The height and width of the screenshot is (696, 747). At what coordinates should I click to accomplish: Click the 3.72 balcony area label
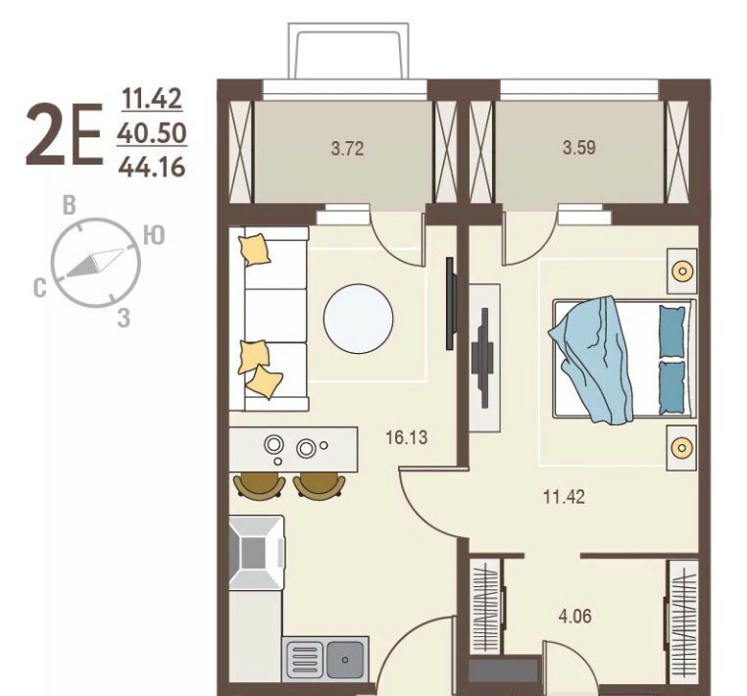coord(347,149)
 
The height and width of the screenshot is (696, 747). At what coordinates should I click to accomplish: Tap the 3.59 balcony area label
coord(579,148)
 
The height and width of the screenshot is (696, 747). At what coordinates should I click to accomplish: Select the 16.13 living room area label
coord(407,437)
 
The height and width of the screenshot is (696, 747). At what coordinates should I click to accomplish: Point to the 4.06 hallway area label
coord(575,616)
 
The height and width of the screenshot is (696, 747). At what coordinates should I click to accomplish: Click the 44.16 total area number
coord(152,168)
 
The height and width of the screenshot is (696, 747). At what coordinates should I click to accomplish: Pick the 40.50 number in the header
coord(152,133)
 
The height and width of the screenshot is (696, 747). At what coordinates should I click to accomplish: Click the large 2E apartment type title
coord(65,135)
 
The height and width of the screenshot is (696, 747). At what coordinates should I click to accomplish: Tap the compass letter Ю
coord(154,235)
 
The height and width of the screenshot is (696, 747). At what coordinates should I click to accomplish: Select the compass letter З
coord(124,318)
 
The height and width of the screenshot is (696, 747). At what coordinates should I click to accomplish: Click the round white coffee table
coord(358,319)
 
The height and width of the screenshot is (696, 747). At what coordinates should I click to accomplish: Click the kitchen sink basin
coord(345,660)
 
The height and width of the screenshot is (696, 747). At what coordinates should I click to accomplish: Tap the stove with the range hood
coord(257,553)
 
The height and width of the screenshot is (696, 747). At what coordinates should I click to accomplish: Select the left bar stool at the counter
coord(260,486)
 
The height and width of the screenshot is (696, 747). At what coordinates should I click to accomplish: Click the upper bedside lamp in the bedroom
coord(681,272)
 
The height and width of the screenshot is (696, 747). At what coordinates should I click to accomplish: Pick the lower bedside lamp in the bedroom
coord(681,448)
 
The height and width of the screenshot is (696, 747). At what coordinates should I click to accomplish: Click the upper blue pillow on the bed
coord(672,331)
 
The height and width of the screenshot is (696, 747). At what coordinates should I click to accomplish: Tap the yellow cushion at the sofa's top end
coord(255,249)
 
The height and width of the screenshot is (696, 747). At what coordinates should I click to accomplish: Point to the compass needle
coord(94,262)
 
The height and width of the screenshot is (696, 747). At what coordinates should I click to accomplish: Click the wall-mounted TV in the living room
coord(451,304)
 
